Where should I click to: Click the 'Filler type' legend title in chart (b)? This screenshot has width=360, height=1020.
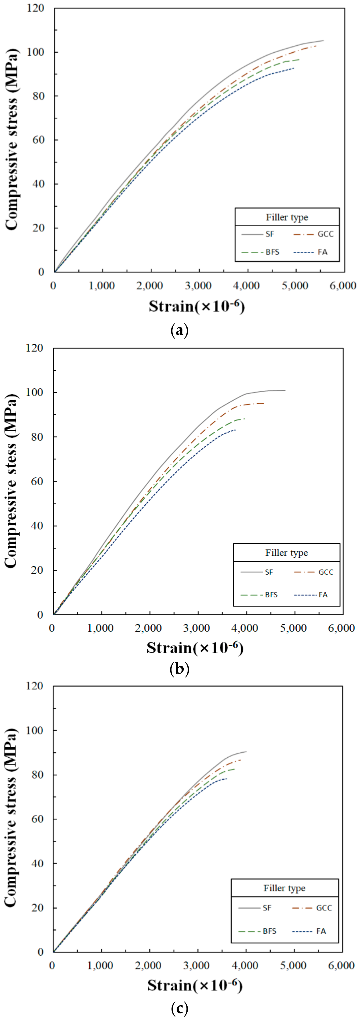click(x=286, y=553)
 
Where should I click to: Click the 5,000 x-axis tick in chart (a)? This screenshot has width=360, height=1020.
click(x=295, y=286)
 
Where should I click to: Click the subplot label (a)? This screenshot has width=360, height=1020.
click(x=179, y=330)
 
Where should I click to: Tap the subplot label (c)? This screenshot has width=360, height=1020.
click(x=179, y=1008)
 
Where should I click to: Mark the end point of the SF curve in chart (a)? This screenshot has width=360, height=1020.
click(x=323, y=40)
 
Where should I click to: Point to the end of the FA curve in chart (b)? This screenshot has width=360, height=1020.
click(x=236, y=430)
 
